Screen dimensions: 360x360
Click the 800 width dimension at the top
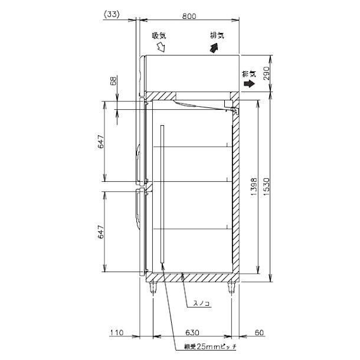(189, 17)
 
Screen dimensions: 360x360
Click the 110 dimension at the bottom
(116, 332)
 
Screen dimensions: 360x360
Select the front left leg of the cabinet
(154, 287)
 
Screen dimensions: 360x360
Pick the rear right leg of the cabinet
(231, 287)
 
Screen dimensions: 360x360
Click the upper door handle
(138, 162)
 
